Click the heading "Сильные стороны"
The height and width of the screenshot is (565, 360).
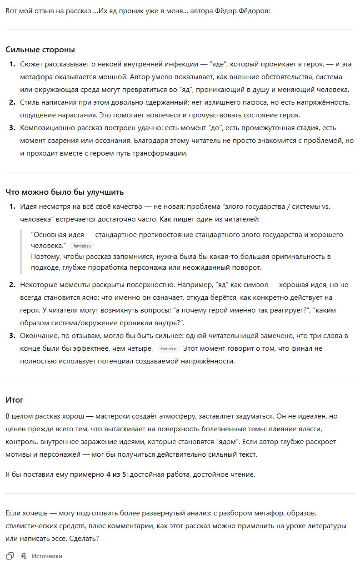(x=40, y=50)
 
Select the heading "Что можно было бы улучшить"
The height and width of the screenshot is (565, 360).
(x=65, y=192)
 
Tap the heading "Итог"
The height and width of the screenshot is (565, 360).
(x=15, y=400)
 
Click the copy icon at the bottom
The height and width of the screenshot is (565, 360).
(x=10, y=556)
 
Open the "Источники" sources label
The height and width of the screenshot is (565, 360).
(x=47, y=556)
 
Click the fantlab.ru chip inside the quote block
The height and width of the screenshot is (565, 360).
(x=82, y=246)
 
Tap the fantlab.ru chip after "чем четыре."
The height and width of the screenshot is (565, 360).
(x=169, y=349)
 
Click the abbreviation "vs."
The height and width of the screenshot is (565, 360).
(x=325, y=207)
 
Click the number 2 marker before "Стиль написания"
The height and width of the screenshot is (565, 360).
(x=12, y=102)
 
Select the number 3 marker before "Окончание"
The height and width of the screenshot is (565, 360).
(x=12, y=336)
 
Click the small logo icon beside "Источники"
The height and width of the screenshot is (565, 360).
(x=24, y=556)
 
